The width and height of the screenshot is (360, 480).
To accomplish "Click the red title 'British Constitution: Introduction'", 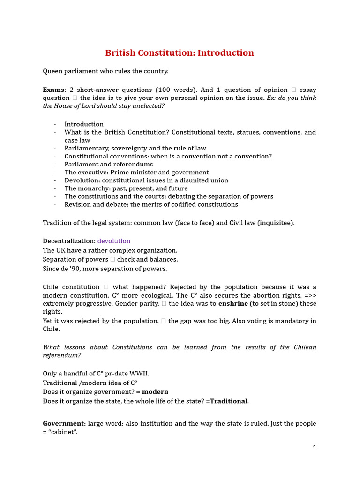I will tap(180, 53).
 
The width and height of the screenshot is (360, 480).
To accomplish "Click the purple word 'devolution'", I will tap(114, 241).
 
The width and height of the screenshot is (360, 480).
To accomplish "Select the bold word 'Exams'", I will tap(53, 90).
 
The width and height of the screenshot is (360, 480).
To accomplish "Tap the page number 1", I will tap(315, 448).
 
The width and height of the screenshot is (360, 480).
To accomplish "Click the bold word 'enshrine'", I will tap(233, 303).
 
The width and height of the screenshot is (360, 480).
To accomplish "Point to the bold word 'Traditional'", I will tap(229, 401).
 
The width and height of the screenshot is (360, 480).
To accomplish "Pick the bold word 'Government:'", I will tap(64, 423).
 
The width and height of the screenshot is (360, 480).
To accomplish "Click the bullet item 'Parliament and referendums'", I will tap(109, 164).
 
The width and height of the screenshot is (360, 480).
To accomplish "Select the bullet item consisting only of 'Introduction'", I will tap(84, 124).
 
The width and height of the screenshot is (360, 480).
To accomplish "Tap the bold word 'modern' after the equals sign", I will tap(155, 392).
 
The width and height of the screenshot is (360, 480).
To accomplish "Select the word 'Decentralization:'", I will tap(69, 241).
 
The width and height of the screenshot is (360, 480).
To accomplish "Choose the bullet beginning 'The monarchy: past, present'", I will tap(126, 188).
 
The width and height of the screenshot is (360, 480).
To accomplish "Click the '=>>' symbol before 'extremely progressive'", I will tap(309, 295).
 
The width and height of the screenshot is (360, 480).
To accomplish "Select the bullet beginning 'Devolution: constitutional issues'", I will tap(146, 180).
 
